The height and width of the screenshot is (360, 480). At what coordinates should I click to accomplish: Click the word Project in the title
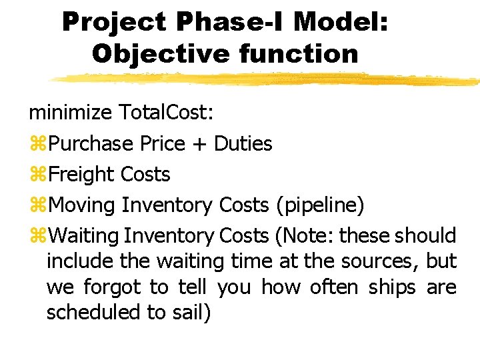(113, 23)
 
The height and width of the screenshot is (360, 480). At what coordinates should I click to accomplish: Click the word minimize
(70, 113)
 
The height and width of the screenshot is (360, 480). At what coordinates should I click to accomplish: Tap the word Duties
(243, 143)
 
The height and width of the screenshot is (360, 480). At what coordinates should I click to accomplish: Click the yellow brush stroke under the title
(267, 79)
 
